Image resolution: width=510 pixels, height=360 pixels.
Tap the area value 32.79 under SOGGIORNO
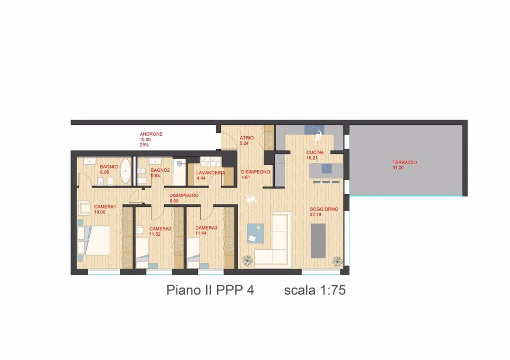tap(317, 215)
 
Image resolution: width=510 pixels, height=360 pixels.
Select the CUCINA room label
tap(315, 152)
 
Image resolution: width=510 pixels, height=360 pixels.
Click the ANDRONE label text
tap(151, 134)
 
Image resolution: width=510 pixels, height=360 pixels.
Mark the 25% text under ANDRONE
tap(144, 145)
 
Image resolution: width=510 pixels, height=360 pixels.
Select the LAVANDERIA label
tap(210, 173)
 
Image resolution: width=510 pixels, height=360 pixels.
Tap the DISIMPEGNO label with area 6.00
tap(184, 195)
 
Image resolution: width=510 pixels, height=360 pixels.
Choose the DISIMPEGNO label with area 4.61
tap(255, 172)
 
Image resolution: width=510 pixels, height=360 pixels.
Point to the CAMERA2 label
tap(160, 228)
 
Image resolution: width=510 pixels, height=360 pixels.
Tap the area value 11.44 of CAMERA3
tap(202, 233)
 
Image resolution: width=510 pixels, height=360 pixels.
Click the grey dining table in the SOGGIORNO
tap(318, 241)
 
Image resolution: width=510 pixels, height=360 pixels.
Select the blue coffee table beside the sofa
tap(254, 233)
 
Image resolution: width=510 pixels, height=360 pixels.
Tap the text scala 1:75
tap(315, 290)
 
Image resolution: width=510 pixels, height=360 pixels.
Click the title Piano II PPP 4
tap(210, 290)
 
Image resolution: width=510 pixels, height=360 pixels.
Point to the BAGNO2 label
tap(160, 170)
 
